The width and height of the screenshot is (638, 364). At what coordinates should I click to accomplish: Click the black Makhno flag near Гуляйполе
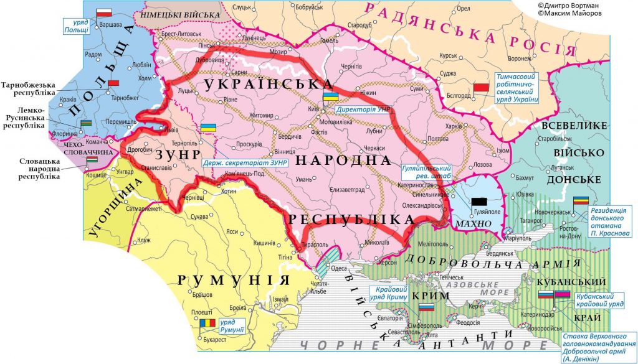coord(479,201)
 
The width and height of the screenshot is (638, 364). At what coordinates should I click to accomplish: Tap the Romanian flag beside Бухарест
coord(207,323)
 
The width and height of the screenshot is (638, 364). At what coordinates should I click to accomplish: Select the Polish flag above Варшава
coord(104,12)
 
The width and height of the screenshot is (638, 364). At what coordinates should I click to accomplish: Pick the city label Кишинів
coord(264,243)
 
